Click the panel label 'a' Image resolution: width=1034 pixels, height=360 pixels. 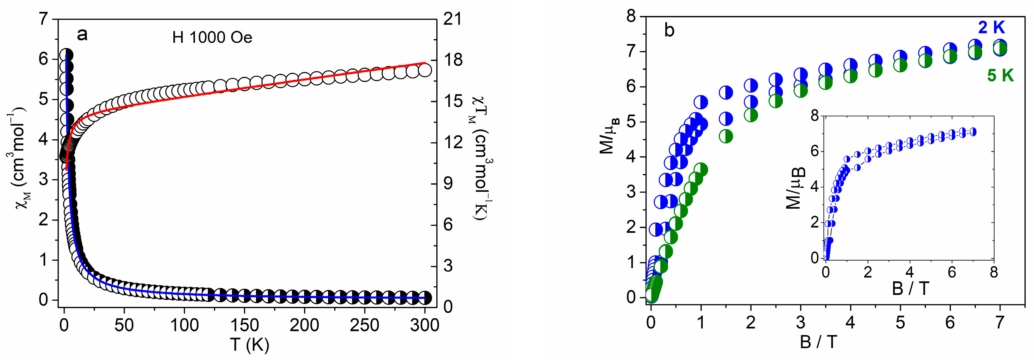(x=82, y=35)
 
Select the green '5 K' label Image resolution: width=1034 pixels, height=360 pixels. (x=1000, y=76)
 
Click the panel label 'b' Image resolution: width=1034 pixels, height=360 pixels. (x=669, y=31)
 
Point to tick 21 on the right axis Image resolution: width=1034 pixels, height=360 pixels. (x=452, y=19)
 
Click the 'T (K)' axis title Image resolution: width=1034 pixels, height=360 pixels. (x=249, y=344)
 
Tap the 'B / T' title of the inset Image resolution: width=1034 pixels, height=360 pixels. (x=910, y=289)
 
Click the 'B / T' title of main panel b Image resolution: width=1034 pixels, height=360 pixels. (x=819, y=342)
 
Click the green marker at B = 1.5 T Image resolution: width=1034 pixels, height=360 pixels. (x=726, y=137)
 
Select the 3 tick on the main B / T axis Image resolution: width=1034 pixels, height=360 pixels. (x=800, y=322)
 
